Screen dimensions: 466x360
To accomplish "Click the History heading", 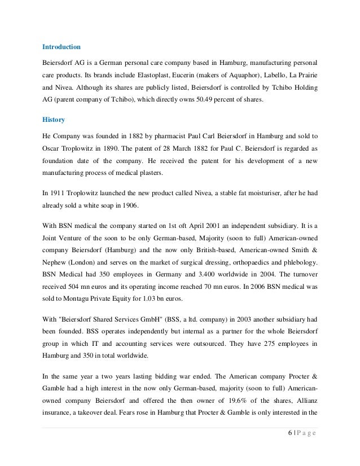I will point(54,120).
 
